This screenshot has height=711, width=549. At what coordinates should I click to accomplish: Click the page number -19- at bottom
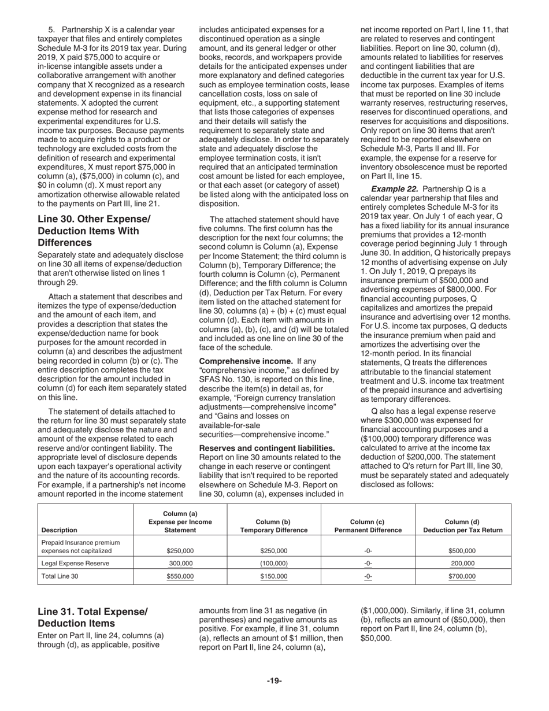274,681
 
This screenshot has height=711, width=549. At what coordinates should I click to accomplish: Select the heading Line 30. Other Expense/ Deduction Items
94,231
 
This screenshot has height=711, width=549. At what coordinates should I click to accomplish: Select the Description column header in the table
60,530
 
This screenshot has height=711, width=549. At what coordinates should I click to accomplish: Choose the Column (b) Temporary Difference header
274,526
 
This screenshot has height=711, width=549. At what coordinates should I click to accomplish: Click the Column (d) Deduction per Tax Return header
462,526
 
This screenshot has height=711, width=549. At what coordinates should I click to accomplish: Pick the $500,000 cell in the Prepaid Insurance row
462,551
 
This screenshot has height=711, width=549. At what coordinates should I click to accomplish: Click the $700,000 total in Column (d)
462,576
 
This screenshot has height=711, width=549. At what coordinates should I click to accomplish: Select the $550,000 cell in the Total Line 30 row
180,576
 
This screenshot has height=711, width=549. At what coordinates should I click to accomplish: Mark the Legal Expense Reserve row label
75,563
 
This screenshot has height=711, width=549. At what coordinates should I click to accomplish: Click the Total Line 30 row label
62,576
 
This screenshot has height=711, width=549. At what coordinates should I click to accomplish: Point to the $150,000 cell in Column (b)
274,576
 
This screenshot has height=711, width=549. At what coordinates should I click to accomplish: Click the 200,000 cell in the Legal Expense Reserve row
462,563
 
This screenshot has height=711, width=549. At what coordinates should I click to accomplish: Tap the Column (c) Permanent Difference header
368,526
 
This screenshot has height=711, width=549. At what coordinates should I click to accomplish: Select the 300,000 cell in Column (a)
180,563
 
